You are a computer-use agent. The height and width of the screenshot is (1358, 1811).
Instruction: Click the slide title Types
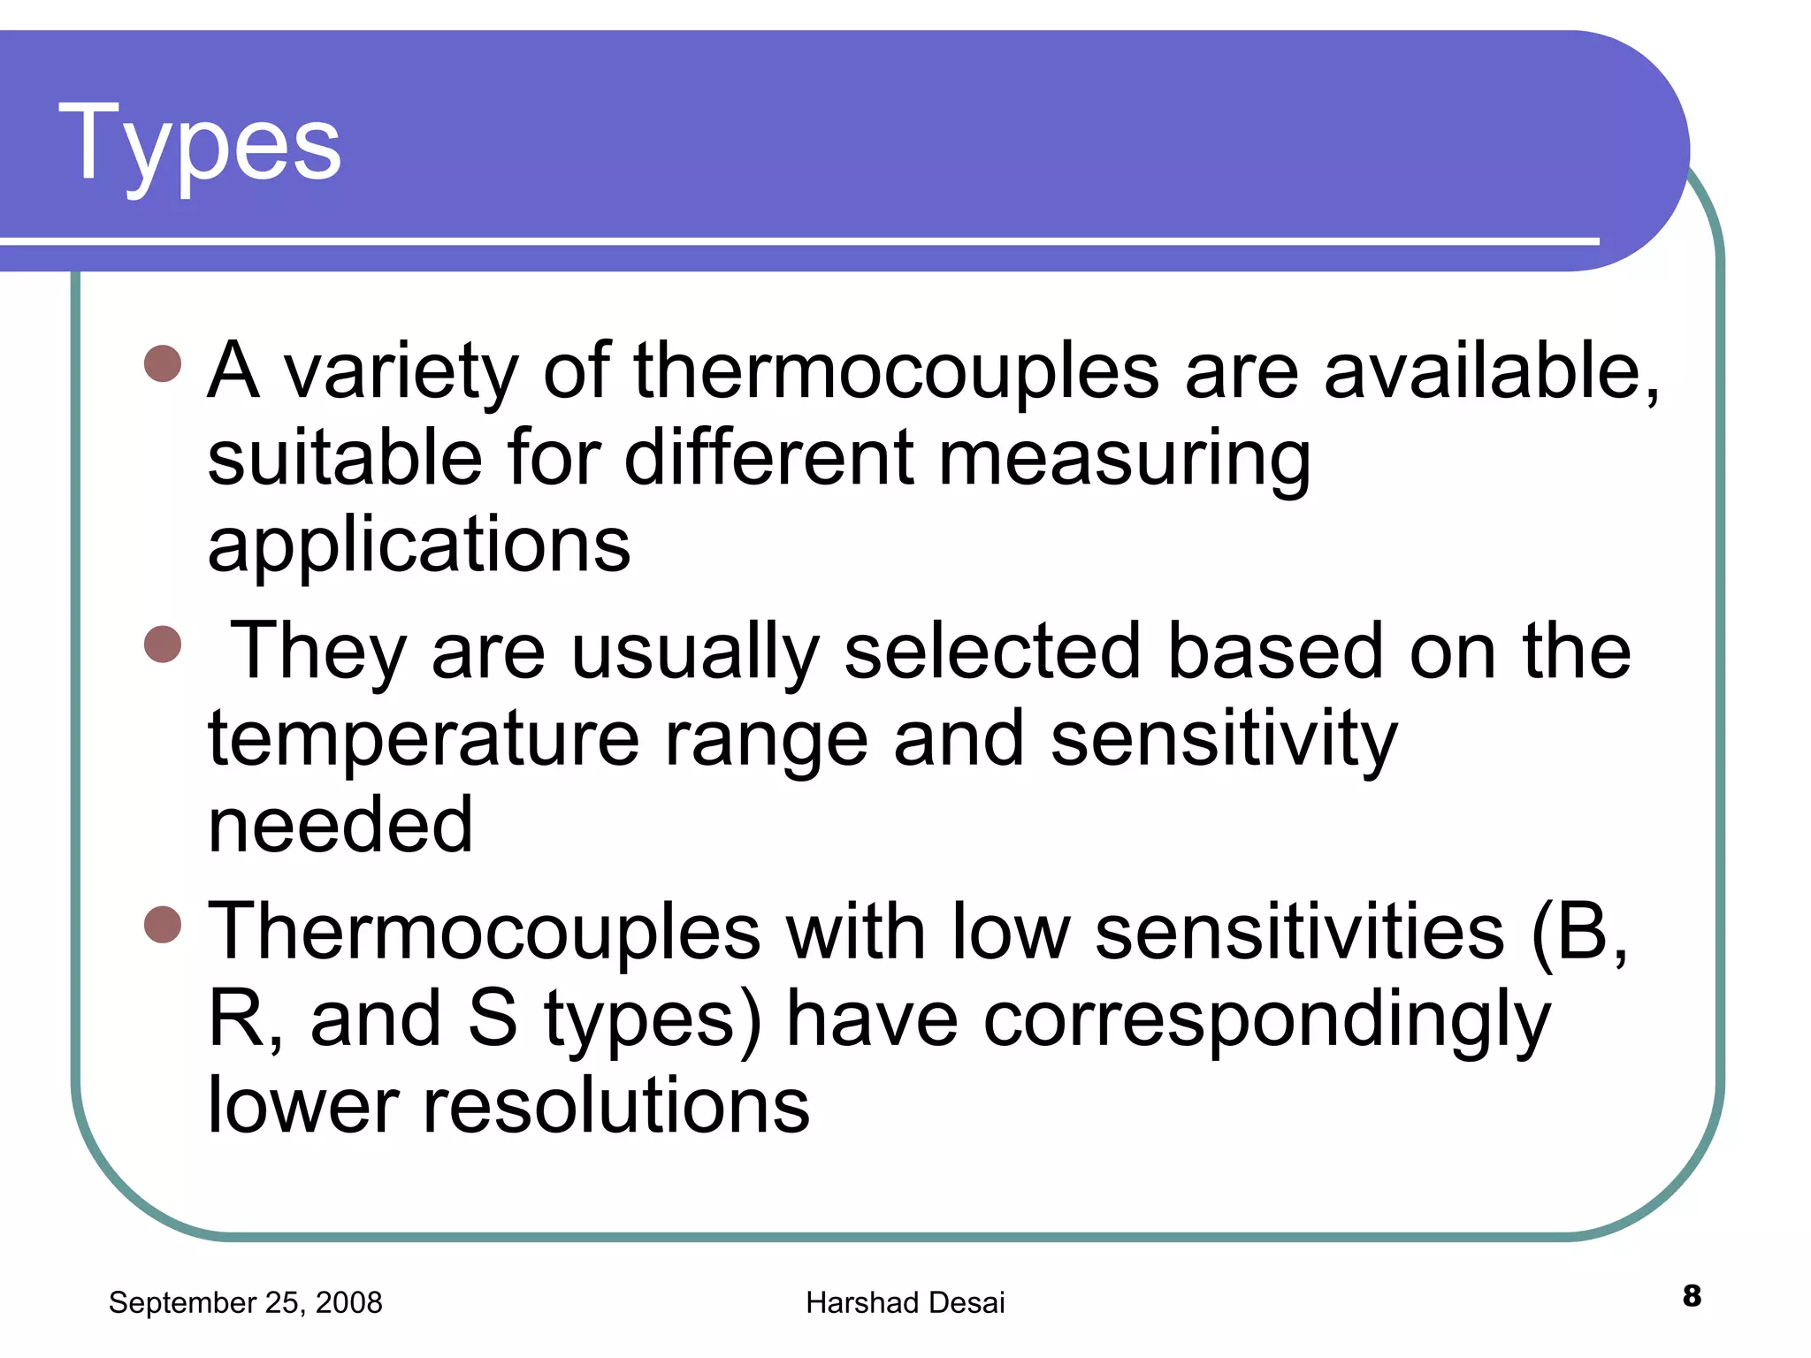[200, 144]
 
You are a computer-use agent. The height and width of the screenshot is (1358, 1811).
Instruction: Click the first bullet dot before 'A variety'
[163, 363]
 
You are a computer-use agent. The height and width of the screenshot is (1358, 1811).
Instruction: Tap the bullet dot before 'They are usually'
[163, 644]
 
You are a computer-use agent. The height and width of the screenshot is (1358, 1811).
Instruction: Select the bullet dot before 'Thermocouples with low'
[163, 925]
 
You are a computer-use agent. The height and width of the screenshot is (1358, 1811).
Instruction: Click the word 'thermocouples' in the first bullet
[895, 371]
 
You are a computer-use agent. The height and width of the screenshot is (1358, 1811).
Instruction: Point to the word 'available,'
[1491, 371]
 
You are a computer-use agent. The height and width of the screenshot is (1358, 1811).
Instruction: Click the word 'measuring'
[1123, 460]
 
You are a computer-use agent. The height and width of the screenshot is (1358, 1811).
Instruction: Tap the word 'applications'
[419, 545]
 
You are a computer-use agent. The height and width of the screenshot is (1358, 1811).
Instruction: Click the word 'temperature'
[423, 739]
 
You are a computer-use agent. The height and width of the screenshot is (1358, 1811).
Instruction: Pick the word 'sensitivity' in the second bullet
[1224, 739]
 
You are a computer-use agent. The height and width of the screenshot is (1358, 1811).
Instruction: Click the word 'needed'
[340, 825]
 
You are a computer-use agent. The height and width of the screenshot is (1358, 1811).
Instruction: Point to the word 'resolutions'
[615, 1105]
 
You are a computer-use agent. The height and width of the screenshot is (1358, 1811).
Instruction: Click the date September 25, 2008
[245, 1302]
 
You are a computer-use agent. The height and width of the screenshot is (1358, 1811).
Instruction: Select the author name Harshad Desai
[905, 1302]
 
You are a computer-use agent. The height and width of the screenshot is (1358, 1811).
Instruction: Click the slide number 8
[1692, 1296]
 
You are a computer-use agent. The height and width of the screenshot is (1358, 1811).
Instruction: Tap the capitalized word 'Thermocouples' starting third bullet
[484, 932]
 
